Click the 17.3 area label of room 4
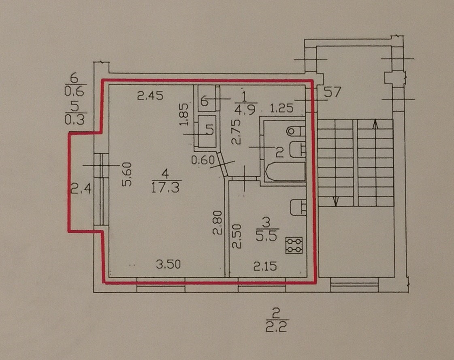pos(166,188)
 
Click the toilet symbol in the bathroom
pos(295,131)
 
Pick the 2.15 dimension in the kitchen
pos(265,266)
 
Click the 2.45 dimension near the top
pos(149,96)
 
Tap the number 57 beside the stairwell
pos(333,92)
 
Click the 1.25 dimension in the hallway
pos(282,109)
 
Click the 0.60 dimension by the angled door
pos(202,160)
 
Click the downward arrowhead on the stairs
pos(336,201)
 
